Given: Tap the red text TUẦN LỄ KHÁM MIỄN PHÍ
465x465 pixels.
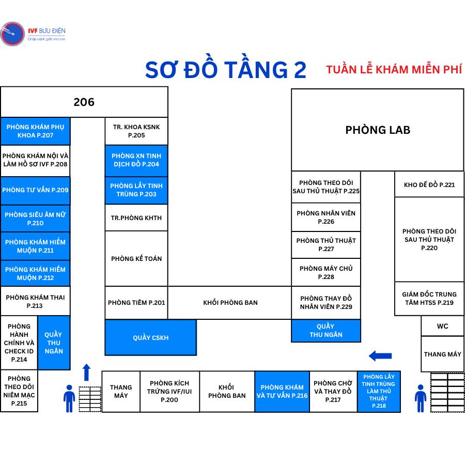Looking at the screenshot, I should (394, 69).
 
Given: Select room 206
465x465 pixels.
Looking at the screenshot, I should (84, 102).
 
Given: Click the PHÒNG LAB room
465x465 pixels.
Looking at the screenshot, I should (377, 130).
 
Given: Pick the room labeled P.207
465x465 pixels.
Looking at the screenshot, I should (35, 131).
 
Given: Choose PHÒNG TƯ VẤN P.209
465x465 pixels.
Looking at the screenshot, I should (35, 190).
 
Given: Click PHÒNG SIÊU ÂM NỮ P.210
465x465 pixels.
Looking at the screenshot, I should (35, 219).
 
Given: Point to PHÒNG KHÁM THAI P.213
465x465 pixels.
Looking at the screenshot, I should (35, 301).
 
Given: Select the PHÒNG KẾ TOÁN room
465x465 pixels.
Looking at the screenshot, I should (136, 258).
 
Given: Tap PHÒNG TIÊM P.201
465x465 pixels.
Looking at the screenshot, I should (136, 302).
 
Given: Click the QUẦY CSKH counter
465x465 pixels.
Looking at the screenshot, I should (150, 337).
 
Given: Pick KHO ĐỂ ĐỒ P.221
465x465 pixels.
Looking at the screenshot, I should (429, 184).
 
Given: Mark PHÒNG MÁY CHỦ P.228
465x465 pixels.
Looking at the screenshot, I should (326, 272).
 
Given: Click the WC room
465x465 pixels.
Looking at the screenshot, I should (442, 326).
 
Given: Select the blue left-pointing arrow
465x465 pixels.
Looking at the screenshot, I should (380, 355).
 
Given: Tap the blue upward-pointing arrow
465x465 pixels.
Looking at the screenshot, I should (86, 372).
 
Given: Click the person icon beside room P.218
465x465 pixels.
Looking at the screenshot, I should (421, 398).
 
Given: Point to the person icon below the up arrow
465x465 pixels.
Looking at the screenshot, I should (69, 398).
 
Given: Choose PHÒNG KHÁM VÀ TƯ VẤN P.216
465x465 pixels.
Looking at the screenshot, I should (282, 391).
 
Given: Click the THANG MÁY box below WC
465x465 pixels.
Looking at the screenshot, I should (442, 354).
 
